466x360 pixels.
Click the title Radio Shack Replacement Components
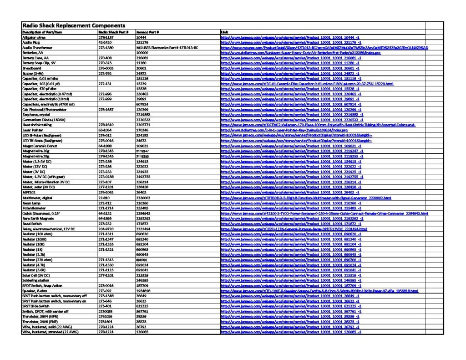[71, 25]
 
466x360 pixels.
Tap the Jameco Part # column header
[147, 32]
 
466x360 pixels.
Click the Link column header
[224, 32]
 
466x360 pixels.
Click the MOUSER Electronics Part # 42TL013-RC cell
[167, 47]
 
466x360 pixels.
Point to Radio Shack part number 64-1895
[105, 218]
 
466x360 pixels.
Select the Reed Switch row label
[32, 224]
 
